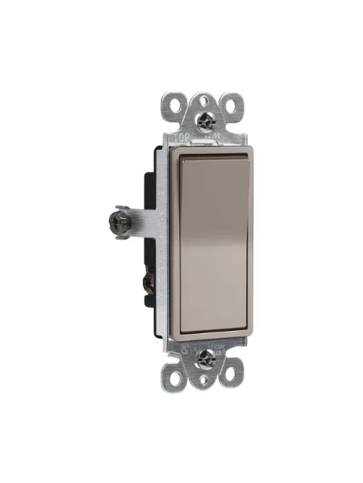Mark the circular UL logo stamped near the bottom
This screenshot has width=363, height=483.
tap(183, 349)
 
